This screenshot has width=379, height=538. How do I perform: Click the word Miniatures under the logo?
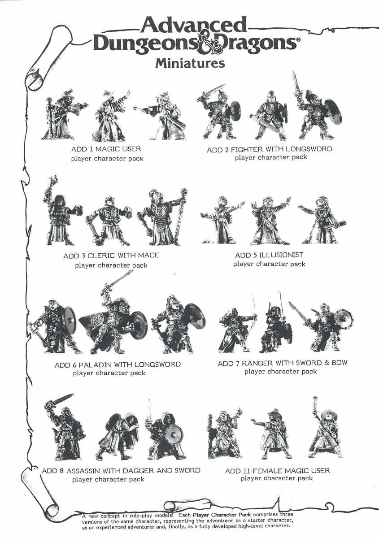tap(190, 63)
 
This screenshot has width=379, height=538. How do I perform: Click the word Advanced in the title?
tap(194, 25)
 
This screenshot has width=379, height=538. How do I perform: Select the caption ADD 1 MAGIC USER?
tap(106, 149)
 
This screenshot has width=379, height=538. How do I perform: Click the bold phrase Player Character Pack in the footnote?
tap(222, 515)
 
